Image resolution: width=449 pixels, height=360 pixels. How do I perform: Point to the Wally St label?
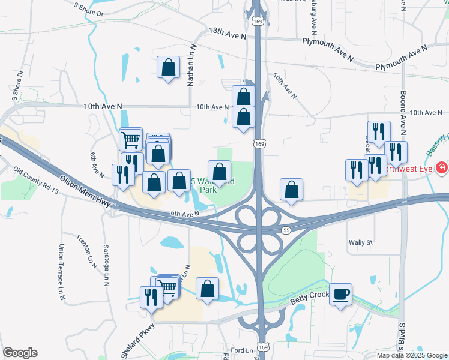[x=361, y=243]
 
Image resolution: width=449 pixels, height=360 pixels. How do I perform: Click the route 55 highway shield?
[x=286, y=230]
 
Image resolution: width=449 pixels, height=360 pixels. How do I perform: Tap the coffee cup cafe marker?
[x=340, y=294]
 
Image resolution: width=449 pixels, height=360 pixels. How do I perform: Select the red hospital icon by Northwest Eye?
[x=442, y=167]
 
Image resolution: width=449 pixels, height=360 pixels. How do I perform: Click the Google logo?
[x=20, y=353]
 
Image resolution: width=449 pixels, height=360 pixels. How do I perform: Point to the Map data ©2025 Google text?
[x=411, y=355]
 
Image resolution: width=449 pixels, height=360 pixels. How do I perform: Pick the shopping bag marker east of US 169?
[x=291, y=190]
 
